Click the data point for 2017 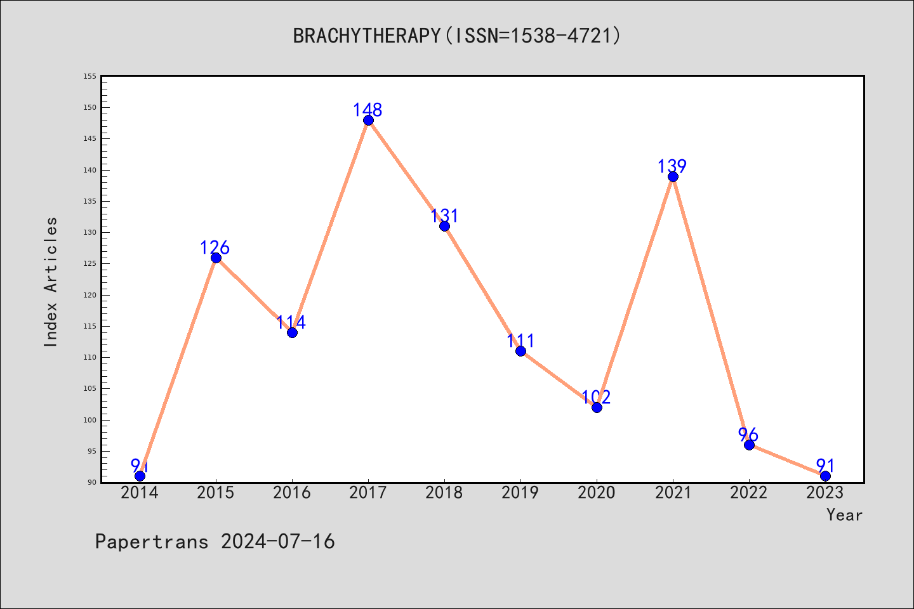368,121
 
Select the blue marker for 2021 673,176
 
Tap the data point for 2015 216,258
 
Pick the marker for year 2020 597,407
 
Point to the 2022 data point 749,445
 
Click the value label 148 368,110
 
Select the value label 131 444,216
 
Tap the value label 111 520,341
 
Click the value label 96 748,435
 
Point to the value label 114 291,322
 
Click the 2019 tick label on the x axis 520,493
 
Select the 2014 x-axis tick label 140,493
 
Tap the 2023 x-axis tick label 825,493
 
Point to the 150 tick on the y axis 89,107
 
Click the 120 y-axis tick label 89,295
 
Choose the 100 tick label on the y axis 89,420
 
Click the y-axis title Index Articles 51,282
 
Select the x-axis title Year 844,515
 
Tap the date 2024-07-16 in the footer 278,542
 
